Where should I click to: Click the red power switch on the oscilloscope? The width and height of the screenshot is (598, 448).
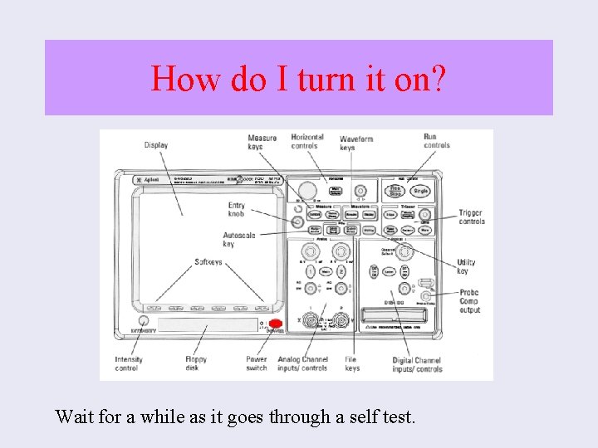click(x=275, y=325)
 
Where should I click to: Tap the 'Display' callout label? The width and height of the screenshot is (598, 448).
click(x=156, y=145)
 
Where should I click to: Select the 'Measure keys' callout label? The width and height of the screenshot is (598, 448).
click(x=262, y=142)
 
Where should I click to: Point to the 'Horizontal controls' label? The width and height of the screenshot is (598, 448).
click(x=307, y=141)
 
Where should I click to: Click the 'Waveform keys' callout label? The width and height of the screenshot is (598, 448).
click(x=356, y=143)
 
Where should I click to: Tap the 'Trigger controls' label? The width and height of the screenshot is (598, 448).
click(x=471, y=217)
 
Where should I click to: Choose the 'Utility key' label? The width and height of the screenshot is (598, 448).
click(x=466, y=266)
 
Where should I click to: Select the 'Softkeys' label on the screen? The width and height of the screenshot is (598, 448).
click(x=208, y=262)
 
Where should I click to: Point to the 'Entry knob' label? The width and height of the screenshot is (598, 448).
click(x=237, y=209)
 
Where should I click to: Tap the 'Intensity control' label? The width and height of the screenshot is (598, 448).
click(x=128, y=363)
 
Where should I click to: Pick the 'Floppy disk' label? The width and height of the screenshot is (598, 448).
click(x=196, y=363)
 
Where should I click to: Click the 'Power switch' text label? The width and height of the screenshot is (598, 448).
click(x=257, y=363)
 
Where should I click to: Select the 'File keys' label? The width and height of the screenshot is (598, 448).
click(x=352, y=363)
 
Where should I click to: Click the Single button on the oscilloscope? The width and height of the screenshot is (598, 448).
click(x=421, y=191)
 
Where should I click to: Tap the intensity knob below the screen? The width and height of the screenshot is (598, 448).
click(x=144, y=321)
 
